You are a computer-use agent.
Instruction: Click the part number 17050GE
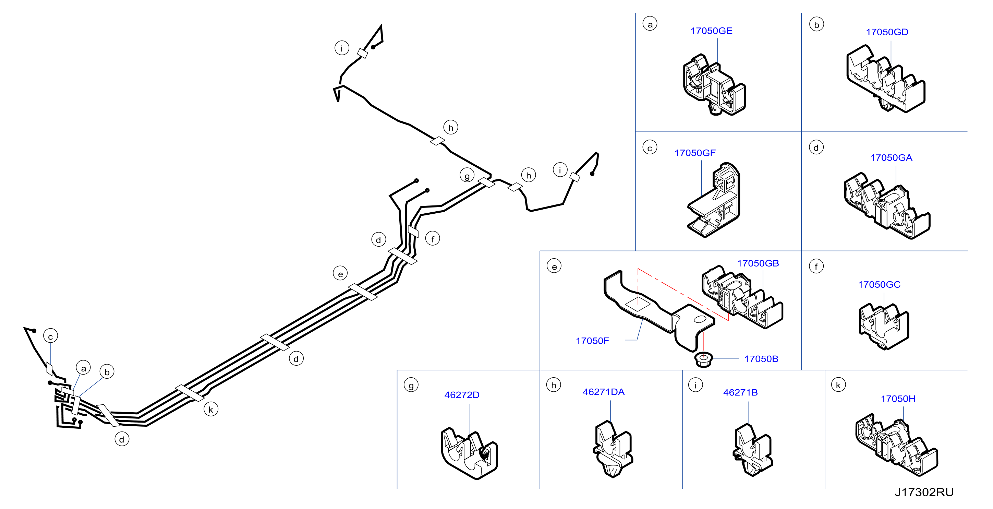point(711,31)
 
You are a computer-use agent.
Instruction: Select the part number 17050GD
point(887,32)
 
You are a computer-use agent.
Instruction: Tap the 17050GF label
point(695,153)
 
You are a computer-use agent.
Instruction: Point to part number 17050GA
point(891,158)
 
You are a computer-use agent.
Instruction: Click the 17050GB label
point(758,263)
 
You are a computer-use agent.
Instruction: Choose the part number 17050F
point(593,341)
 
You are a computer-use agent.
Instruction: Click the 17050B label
point(761,359)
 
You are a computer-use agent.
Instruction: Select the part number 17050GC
point(879,285)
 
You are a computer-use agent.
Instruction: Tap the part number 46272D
point(462,395)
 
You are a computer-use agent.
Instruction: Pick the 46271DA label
point(603,392)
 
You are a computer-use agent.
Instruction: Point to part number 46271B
point(740,392)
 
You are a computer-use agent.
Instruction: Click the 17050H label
point(898,399)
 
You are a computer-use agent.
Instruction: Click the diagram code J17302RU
point(924,492)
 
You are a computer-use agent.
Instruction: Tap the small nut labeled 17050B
point(703,359)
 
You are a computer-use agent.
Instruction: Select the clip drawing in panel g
point(469,453)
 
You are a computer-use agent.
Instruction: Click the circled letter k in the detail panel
point(838,385)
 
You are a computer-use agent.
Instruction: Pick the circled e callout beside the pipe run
point(340,273)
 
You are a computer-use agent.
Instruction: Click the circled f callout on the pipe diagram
point(433,239)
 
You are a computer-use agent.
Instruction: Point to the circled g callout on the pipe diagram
point(467,176)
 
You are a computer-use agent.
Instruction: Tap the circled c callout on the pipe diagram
point(50,336)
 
